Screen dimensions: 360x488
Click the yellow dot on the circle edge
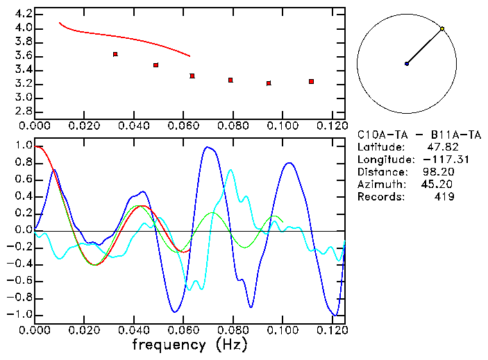442,29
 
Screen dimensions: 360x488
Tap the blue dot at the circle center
407,64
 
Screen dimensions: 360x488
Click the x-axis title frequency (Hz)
189,345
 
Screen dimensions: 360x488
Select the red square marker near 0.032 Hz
115,54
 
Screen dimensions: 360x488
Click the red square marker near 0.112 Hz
311,81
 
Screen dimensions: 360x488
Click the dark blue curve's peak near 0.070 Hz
207,147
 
